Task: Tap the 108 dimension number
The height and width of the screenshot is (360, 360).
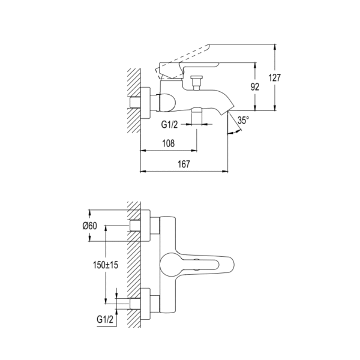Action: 169,143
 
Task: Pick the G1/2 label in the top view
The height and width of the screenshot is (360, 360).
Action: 170,125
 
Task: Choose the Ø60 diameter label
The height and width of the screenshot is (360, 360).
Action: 90,226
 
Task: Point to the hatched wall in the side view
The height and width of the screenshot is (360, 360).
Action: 133,96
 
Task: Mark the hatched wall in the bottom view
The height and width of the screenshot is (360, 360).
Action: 133,264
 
